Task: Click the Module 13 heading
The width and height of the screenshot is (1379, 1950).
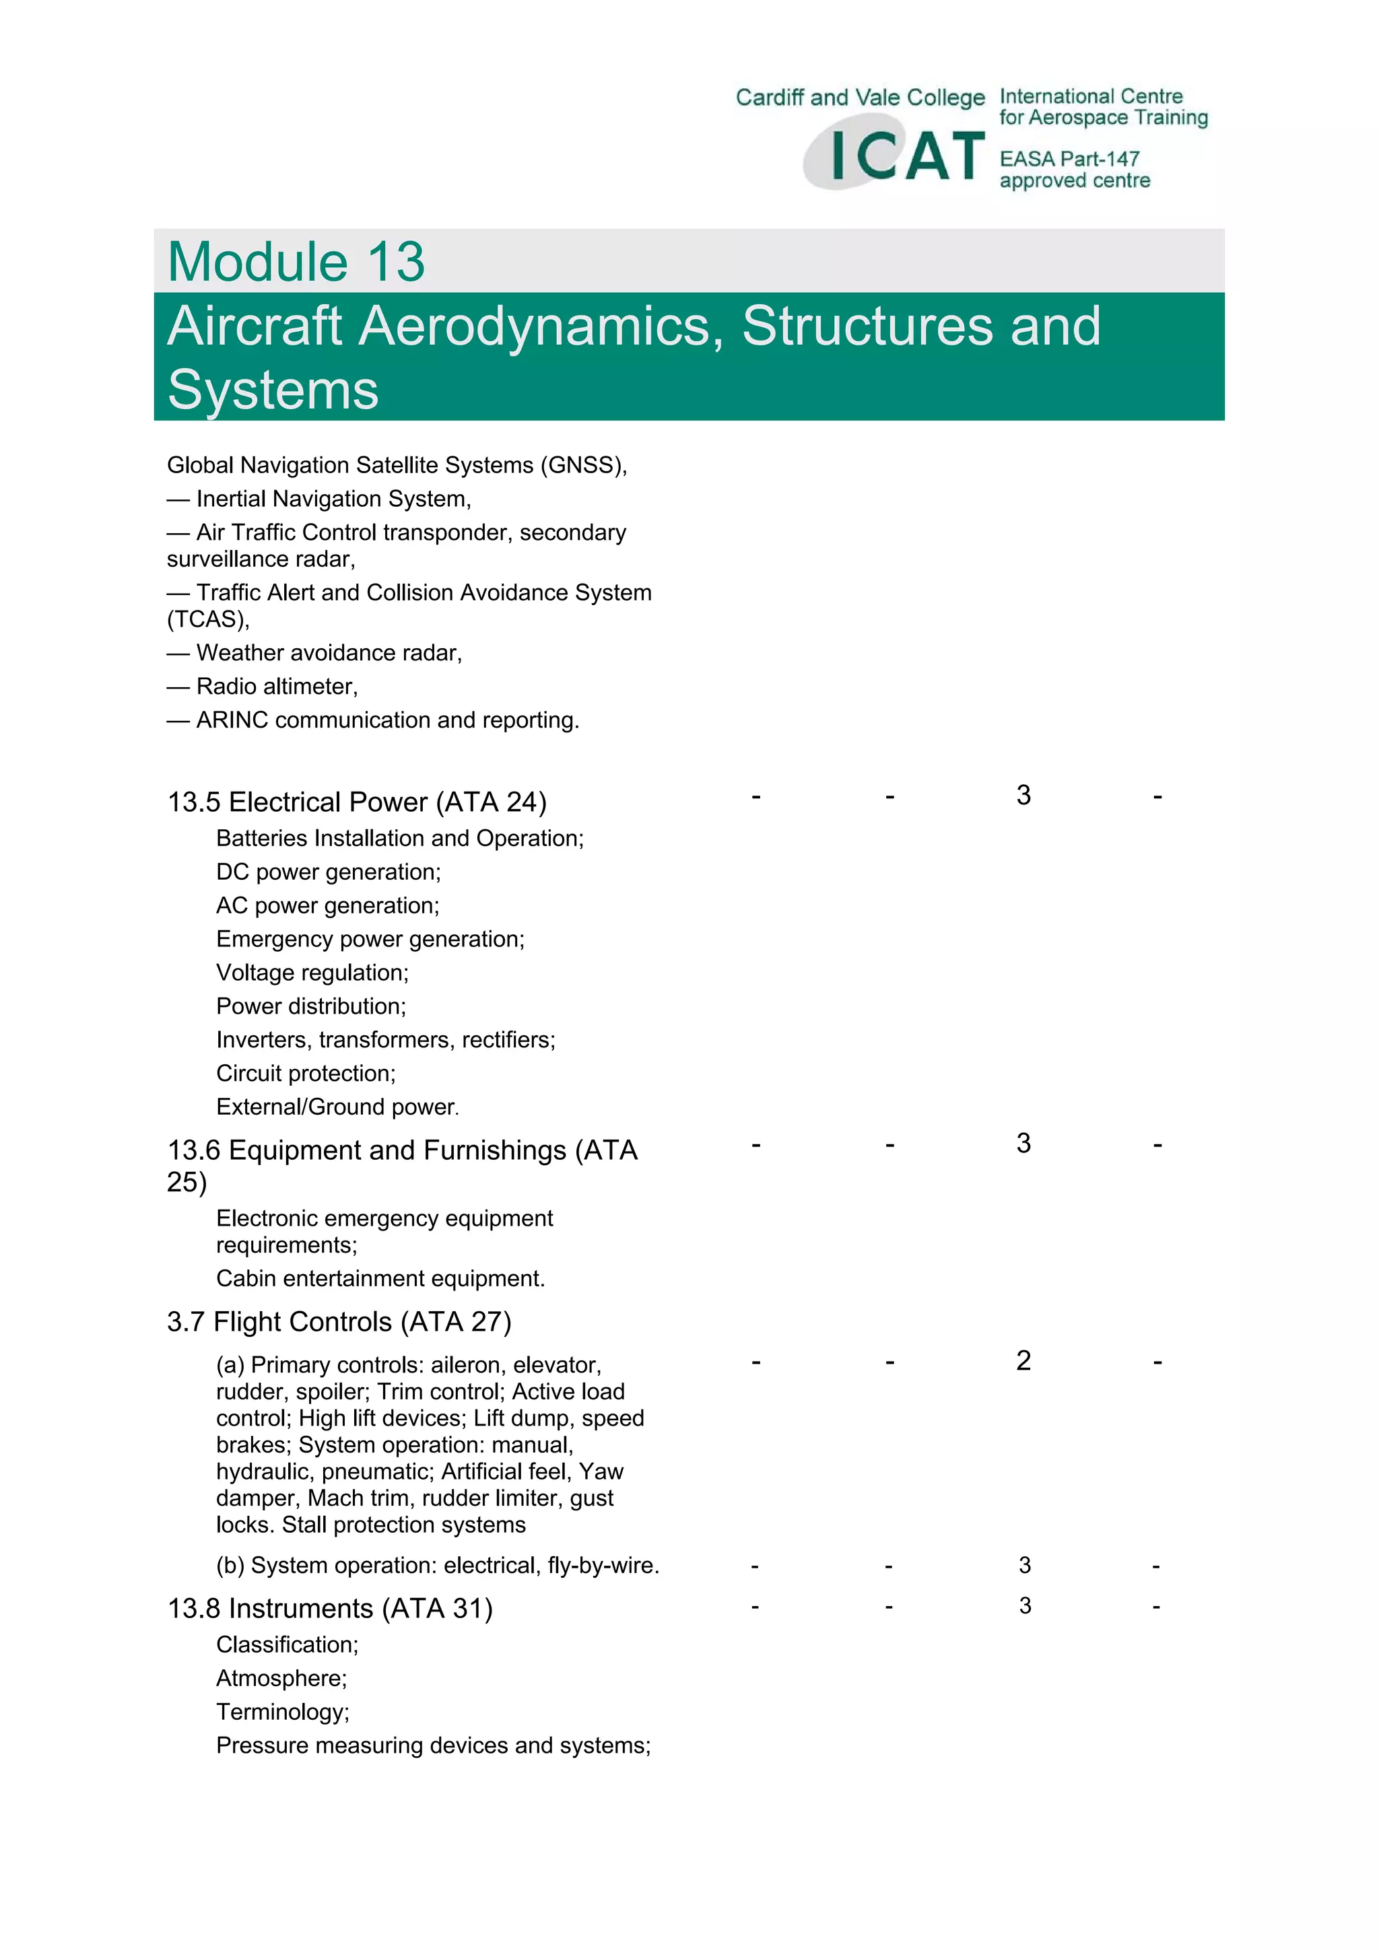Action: [x=296, y=262]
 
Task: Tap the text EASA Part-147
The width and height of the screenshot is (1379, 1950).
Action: [x=1069, y=159]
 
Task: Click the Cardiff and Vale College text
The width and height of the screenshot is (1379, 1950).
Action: [x=860, y=98]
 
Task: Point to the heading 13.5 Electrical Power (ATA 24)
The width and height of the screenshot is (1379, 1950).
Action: [x=357, y=802]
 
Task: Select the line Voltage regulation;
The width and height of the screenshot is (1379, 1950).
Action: [x=312, y=973]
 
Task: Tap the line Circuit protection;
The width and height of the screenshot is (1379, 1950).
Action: [x=306, y=1074]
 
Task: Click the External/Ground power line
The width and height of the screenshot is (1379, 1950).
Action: [x=337, y=1107]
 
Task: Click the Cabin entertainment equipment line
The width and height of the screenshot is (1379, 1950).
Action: [x=380, y=1278]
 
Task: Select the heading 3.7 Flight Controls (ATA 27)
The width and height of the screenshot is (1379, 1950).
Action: [x=339, y=1321]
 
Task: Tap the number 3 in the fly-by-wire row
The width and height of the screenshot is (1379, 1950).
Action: [x=1025, y=1564]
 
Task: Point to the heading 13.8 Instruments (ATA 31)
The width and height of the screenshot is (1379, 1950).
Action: [x=330, y=1608]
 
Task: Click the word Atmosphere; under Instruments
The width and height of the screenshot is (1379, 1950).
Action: [x=281, y=1678]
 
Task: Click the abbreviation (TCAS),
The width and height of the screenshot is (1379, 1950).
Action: [x=208, y=619]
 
